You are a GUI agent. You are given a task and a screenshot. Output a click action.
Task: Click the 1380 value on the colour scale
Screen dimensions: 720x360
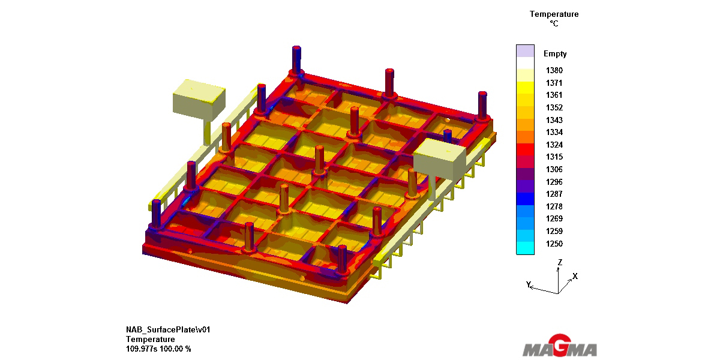coord(554,70)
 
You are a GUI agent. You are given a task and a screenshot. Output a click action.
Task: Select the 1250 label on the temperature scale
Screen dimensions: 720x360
coord(554,244)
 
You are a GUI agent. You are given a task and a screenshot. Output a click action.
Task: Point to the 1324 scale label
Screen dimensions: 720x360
coord(554,145)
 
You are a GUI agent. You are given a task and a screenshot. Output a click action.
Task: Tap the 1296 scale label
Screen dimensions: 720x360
coord(554,182)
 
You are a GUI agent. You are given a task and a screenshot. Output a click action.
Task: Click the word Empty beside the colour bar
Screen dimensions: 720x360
coord(555,53)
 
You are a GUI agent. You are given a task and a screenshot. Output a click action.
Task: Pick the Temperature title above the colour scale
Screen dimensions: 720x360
coord(554,14)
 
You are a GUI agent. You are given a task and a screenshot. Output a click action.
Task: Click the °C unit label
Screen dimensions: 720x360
coord(554,23)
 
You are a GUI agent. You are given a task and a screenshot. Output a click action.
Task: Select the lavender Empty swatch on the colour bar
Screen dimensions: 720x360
coord(525,51)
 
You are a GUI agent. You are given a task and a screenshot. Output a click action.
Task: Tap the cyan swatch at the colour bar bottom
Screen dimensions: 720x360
coord(525,248)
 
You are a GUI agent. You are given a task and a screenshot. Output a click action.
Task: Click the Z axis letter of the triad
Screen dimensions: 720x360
coord(560,262)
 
